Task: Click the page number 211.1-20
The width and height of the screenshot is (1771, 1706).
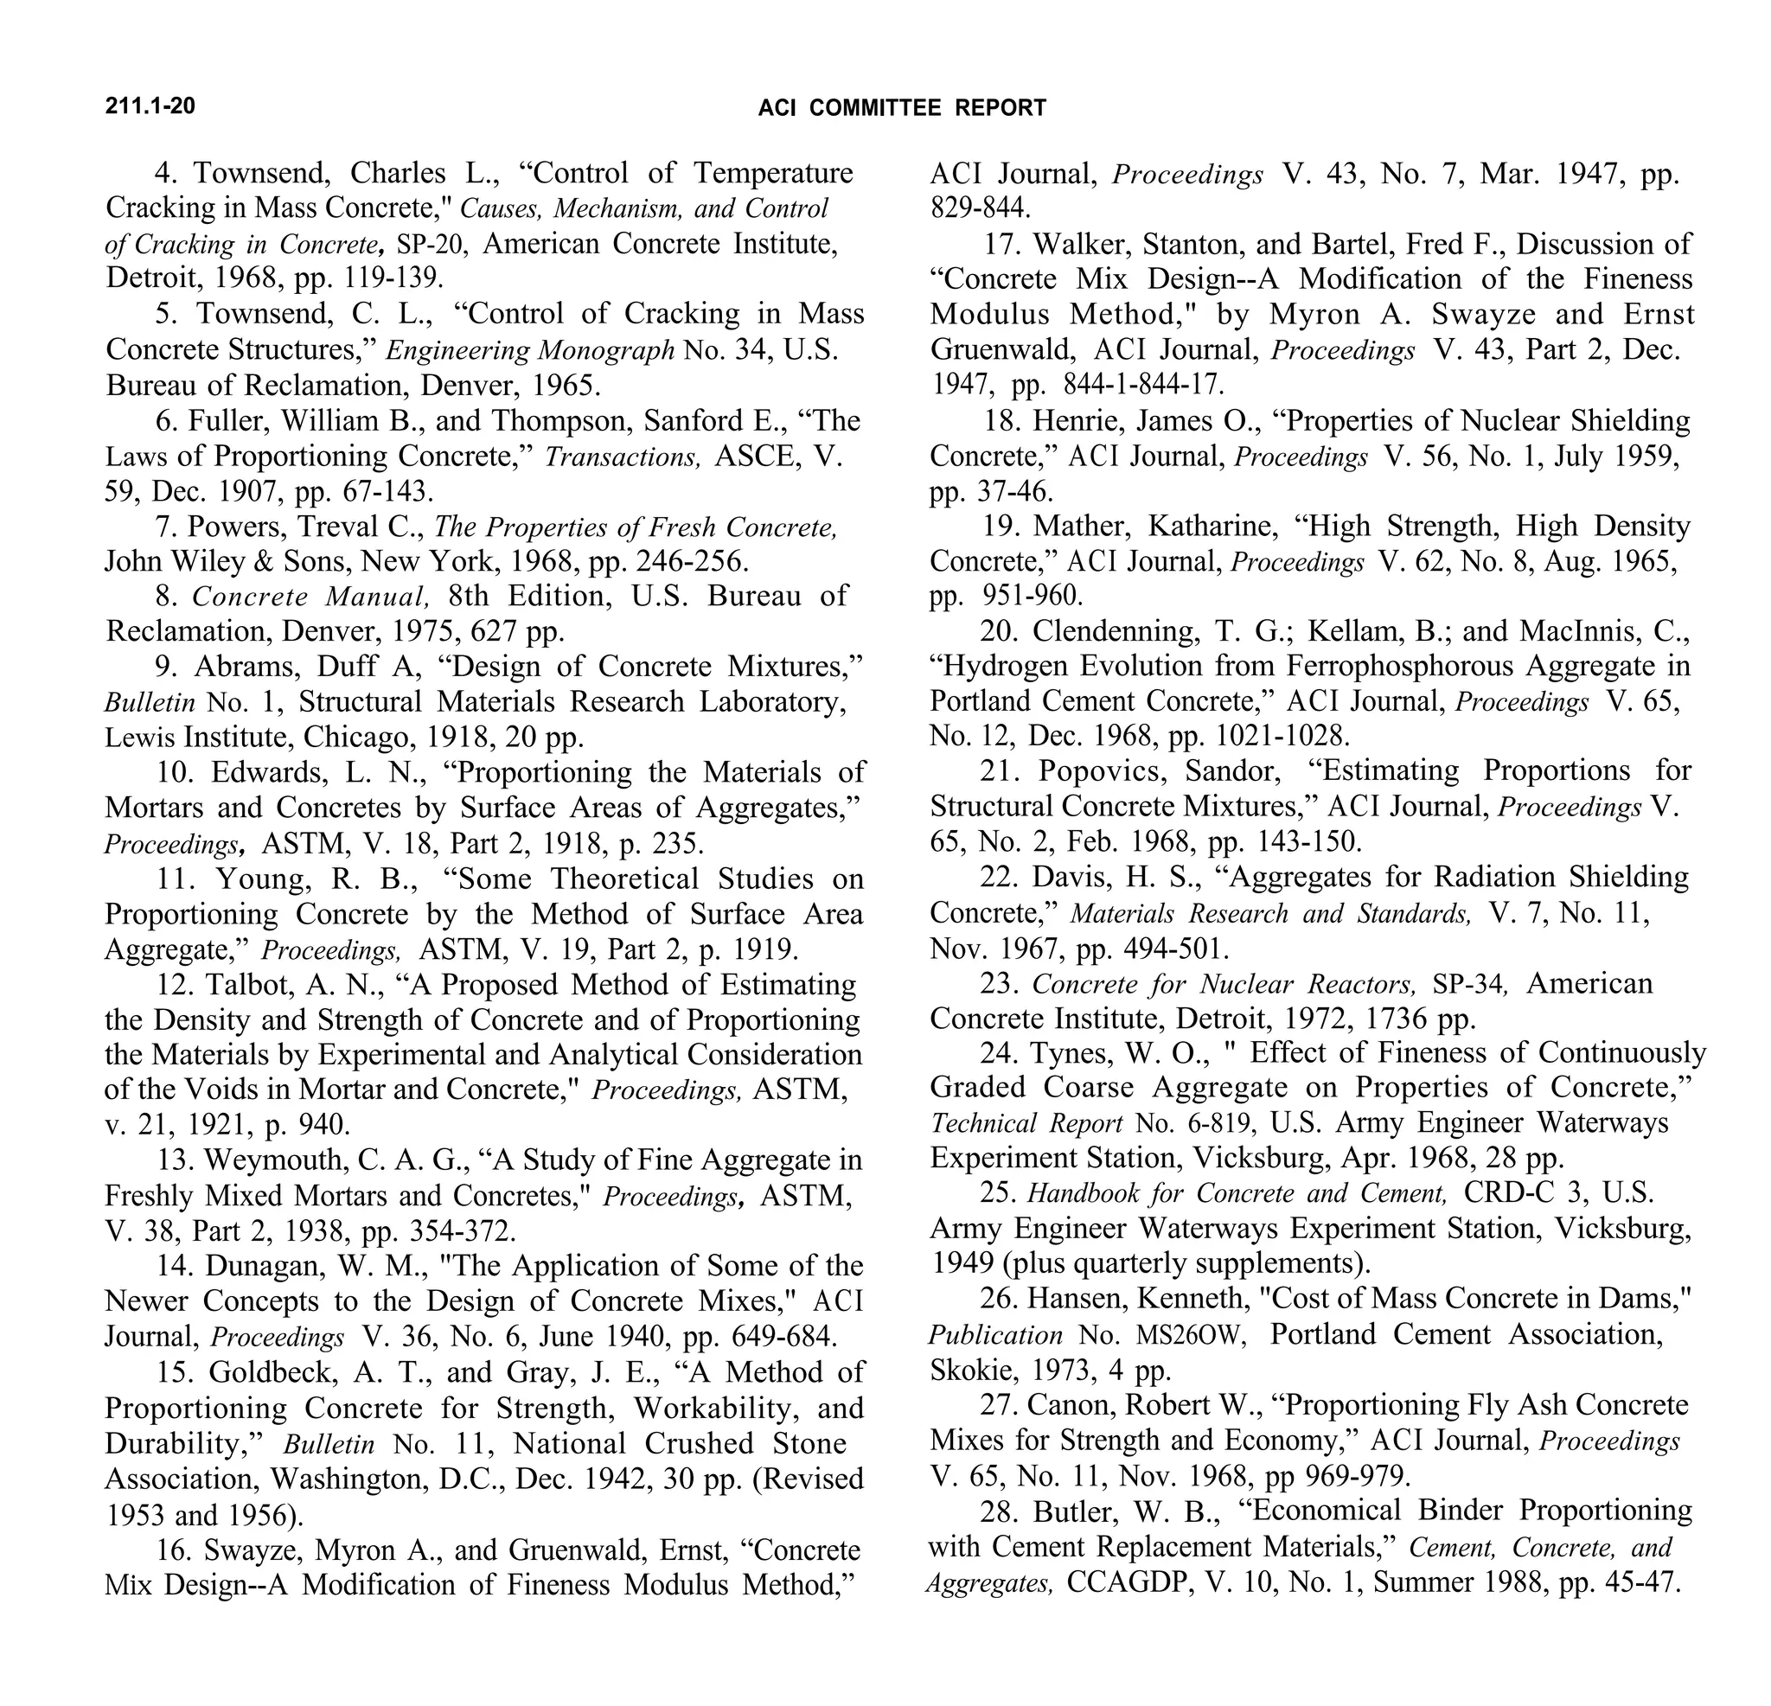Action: click(x=150, y=106)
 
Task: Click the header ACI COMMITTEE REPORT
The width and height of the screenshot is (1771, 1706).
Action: click(x=902, y=108)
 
